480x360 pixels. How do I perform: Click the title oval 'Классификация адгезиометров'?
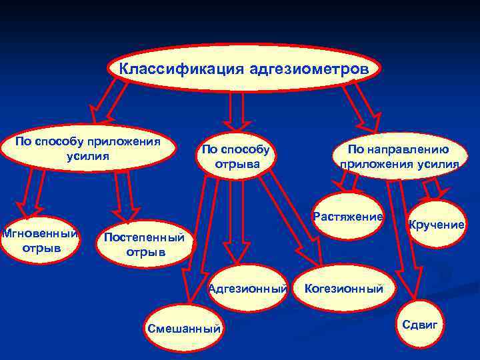243,69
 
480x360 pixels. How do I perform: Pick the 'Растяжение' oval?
348,216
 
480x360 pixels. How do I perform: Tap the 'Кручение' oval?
437,225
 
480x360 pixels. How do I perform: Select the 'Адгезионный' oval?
247,289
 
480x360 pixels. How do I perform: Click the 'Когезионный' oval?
344,289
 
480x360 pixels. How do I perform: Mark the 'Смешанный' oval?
185,327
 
